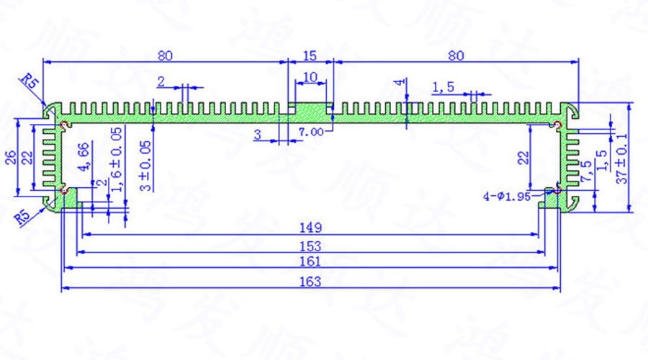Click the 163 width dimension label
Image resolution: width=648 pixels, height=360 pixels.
pos(310,282)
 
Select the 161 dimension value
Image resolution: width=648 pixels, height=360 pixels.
pos(310,263)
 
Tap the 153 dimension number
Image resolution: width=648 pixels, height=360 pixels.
pos(310,246)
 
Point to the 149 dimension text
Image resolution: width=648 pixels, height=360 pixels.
pos(310,228)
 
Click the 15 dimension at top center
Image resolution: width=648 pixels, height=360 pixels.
pos(310,55)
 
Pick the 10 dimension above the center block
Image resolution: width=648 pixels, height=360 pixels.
pos(310,76)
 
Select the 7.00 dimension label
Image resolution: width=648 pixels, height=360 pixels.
pos(310,132)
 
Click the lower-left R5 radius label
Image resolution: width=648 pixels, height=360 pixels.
pos(24,216)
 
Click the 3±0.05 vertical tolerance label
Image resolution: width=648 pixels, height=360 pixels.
pos(146,164)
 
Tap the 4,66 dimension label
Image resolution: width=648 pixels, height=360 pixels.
pos(84,157)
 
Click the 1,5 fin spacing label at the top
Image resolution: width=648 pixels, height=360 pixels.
pos(443,87)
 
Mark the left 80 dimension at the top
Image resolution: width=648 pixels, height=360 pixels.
pos(164,55)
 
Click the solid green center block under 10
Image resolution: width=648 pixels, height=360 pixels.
pos(311,113)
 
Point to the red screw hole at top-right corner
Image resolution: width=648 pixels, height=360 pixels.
pos(559,126)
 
